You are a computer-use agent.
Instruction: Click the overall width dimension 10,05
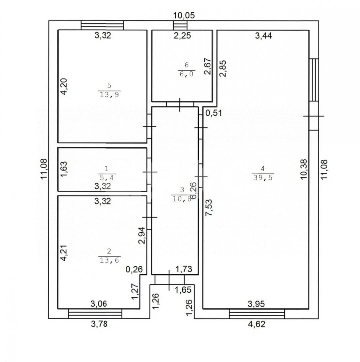click(184, 15)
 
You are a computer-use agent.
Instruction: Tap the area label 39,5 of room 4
click(263, 177)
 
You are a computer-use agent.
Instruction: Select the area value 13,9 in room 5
click(109, 94)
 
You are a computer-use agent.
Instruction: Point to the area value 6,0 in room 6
click(186, 74)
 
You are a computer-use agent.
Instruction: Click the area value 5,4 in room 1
click(107, 177)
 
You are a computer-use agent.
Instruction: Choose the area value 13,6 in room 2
click(109, 260)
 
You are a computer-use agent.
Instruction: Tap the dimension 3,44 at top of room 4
click(263, 36)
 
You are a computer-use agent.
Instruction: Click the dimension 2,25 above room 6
click(182, 36)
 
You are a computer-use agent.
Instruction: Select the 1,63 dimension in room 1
click(64, 169)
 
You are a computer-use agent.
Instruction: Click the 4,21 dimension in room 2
click(64, 253)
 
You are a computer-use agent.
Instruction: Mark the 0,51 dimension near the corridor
click(214, 113)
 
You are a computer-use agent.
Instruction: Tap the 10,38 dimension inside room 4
click(304, 169)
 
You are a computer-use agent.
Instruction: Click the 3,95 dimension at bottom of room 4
click(256, 304)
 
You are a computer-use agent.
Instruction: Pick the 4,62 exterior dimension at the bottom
click(256, 324)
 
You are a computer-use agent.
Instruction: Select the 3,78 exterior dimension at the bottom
click(99, 324)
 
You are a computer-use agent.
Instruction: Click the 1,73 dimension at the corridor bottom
click(184, 269)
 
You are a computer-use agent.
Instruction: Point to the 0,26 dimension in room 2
click(134, 269)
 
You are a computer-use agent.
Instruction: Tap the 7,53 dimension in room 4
click(209, 208)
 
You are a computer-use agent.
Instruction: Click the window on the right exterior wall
click(314, 80)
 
